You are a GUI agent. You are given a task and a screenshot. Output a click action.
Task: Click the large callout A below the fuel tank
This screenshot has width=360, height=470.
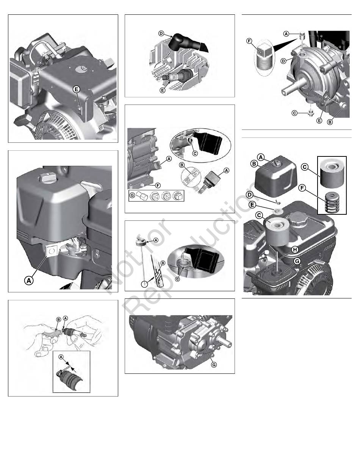(29, 281)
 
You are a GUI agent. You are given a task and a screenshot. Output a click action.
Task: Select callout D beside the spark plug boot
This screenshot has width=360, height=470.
(161, 34)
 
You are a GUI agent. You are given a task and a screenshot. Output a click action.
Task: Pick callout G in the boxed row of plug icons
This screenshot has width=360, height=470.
(132, 195)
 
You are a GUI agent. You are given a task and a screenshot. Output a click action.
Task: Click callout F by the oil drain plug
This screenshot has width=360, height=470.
(158, 185)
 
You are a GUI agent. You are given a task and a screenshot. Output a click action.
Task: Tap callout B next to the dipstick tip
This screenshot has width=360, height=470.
(163, 263)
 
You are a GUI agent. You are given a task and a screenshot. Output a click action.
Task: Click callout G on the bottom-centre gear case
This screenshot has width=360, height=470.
(214, 365)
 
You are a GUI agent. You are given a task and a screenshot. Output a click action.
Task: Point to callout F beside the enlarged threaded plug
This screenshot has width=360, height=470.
(249, 41)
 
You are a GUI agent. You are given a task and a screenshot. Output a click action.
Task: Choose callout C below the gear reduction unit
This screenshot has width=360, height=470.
(294, 113)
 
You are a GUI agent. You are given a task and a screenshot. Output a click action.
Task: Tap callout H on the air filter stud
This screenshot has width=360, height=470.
(295, 250)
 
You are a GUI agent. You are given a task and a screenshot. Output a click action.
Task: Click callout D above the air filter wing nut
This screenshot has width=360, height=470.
(250, 195)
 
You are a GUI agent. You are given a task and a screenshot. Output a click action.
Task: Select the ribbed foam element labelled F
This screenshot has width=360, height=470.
(332, 202)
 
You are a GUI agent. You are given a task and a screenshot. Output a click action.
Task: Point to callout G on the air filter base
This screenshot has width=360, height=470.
(297, 261)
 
